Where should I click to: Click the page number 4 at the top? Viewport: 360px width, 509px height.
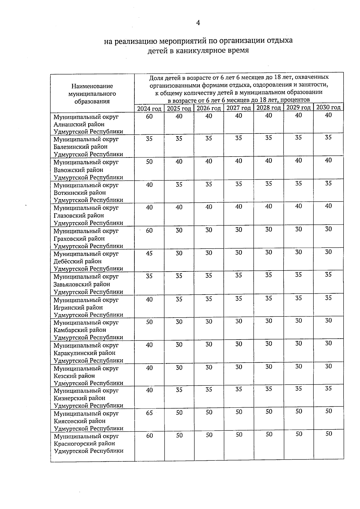(x=198, y=23)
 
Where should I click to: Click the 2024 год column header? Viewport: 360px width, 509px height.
(x=149, y=109)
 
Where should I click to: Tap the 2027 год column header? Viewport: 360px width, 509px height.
(x=238, y=108)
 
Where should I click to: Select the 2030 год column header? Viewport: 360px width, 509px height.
(x=328, y=107)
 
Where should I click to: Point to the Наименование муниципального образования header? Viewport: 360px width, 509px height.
(x=92, y=94)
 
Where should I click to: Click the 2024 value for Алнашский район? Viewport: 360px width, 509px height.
(x=149, y=116)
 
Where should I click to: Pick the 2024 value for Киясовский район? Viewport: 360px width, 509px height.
(x=149, y=413)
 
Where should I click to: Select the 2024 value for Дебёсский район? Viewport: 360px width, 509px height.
(x=149, y=253)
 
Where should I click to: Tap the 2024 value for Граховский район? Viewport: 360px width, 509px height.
(x=149, y=230)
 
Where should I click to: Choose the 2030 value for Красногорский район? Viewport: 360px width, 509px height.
(x=329, y=433)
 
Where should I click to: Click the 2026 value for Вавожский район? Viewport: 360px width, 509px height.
(x=209, y=161)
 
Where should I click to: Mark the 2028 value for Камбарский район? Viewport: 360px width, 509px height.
(x=269, y=321)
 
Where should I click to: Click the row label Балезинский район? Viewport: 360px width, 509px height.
(x=80, y=147)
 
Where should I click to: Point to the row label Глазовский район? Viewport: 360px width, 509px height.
(x=79, y=215)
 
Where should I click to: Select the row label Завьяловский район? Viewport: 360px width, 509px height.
(x=82, y=284)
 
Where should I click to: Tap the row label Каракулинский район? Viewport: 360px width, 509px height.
(x=84, y=353)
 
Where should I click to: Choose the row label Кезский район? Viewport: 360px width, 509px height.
(x=74, y=376)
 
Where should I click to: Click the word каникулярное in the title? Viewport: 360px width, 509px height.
(x=199, y=50)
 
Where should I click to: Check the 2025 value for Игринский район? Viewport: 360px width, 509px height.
(x=179, y=299)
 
